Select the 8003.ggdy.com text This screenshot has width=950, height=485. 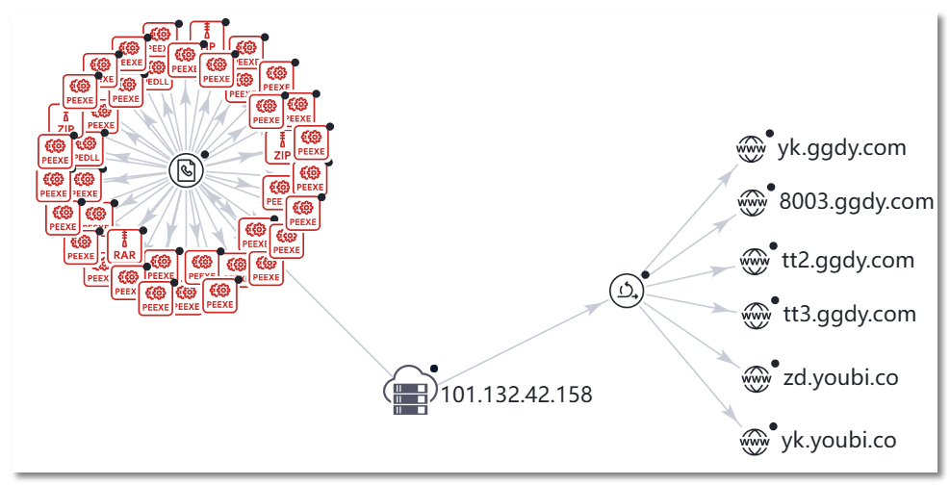click(x=856, y=201)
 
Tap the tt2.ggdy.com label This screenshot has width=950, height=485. click(x=848, y=260)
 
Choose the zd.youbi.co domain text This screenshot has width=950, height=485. click(x=840, y=377)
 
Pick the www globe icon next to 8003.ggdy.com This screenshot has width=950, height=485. click(x=751, y=202)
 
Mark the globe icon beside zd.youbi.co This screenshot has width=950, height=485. click(x=755, y=378)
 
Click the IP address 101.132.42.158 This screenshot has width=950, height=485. click(x=516, y=394)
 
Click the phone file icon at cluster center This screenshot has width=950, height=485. click(x=187, y=170)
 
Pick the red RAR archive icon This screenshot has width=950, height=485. click(x=124, y=245)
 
